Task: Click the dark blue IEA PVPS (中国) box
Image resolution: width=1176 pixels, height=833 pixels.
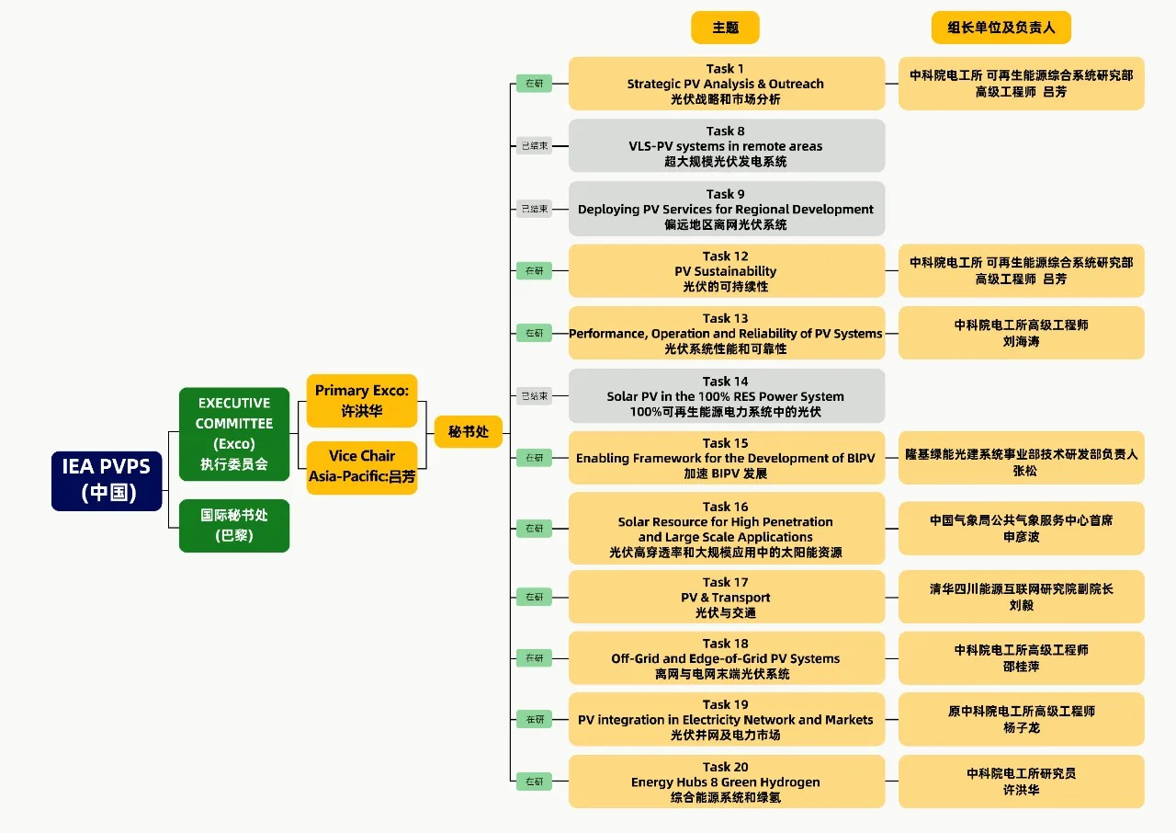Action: coord(107,480)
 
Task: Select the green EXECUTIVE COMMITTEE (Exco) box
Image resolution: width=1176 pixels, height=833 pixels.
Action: coord(234,433)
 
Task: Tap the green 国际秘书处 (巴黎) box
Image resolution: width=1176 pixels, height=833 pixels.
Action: coord(234,525)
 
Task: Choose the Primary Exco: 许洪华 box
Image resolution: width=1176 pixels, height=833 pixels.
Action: coord(361,401)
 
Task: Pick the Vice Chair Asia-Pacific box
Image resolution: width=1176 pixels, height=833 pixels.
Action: coord(361,467)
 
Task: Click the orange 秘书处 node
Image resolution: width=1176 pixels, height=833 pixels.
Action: coord(468,431)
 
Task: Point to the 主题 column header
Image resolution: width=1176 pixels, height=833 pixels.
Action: coord(725,28)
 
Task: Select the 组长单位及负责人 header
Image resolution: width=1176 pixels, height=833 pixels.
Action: coord(1001,28)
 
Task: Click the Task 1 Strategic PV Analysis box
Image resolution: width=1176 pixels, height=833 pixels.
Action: coord(726,84)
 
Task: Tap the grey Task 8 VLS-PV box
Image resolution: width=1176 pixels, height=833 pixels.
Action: coord(726,145)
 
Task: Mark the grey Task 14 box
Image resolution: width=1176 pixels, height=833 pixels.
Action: coord(726,396)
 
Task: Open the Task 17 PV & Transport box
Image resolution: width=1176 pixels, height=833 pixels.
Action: coord(726,597)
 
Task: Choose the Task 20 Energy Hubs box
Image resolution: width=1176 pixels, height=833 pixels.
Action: coord(726,782)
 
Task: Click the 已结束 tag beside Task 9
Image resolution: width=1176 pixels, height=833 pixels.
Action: coord(534,209)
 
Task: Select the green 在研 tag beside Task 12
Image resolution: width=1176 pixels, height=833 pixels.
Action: coord(534,270)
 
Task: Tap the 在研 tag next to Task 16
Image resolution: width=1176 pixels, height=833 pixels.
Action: coord(534,528)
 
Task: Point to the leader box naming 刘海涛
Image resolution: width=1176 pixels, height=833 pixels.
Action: coord(1021,333)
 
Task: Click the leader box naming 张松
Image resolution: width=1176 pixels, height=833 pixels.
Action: coord(1021,458)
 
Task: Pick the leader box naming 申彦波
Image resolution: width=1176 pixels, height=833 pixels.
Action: coord(1021,528)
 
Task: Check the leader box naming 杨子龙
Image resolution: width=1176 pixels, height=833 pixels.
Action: coord(1021,719)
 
